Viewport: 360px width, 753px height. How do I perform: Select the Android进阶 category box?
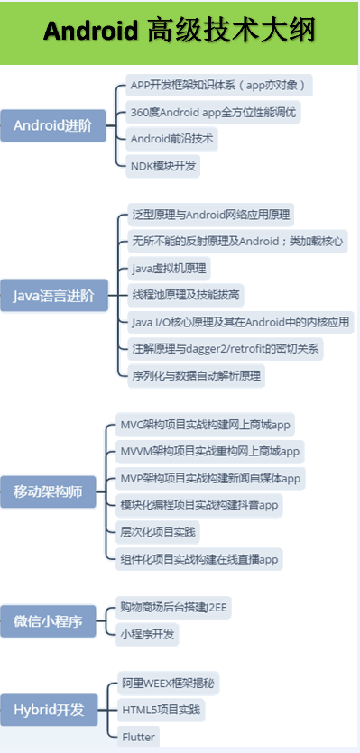pyautogui.click(x=52, y=125)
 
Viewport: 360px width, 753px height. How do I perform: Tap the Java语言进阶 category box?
pyautogui.click(x=52, y=295)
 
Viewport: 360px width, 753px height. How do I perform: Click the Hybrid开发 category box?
pyautogui.click(x=49, y=710)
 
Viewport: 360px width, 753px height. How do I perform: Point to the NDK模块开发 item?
pyautogui.click(x=163, y=165)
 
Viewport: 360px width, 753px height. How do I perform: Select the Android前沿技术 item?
pyautogui.click(x=173, y=139)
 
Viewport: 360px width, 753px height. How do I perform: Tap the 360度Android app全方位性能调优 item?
pyautogui.click(x=213, y=113)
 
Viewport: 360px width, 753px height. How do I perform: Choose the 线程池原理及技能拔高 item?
pyautogui.click(x=186, y=295)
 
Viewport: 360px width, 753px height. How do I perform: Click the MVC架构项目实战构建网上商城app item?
pyautogui.click(x=207, y=425)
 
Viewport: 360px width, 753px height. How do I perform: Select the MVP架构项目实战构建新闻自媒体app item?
pyautogui.click(x=210, y=478)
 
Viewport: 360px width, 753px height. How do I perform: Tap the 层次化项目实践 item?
pyautogui.click(x=158, y=531)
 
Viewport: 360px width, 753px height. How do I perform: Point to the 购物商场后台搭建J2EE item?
pyautogui.click(x=174, y=608)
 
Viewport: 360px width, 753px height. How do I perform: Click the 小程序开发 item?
pyautogui.click(x=149, y=634)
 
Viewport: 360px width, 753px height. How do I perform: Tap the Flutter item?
pyautogui.click(x=139, y=737)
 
